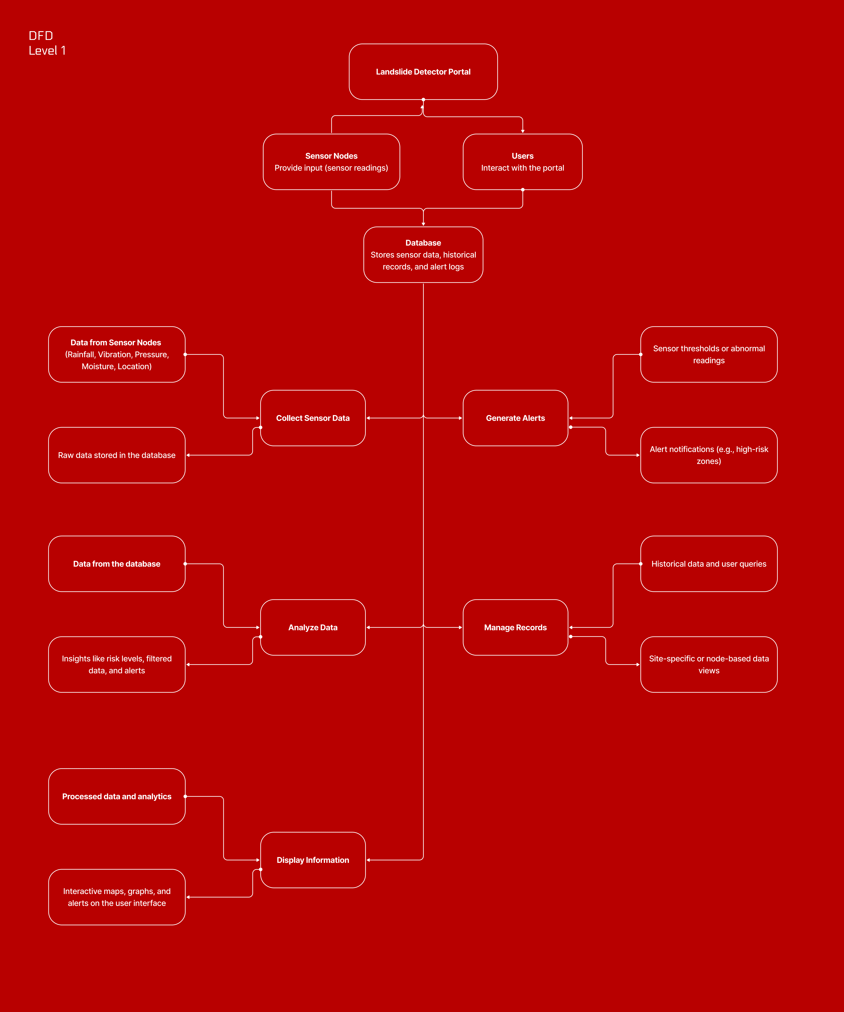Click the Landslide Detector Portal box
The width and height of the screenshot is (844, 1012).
423,72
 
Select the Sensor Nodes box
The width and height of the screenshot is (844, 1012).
331,162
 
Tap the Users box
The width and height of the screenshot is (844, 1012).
522,162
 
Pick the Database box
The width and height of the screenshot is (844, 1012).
423,254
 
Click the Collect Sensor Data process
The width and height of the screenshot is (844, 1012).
313,418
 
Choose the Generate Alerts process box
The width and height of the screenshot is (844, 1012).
515,418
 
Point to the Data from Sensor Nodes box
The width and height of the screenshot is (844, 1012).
117,354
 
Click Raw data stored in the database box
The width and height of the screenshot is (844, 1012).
117,455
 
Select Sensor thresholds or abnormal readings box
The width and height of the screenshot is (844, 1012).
708,354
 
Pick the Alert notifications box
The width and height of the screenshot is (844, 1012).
708,455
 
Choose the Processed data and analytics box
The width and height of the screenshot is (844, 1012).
117,796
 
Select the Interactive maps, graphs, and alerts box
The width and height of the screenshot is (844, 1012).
117,897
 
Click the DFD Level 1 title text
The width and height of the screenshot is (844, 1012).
47,43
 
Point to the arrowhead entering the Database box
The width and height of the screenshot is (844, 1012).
423,224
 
